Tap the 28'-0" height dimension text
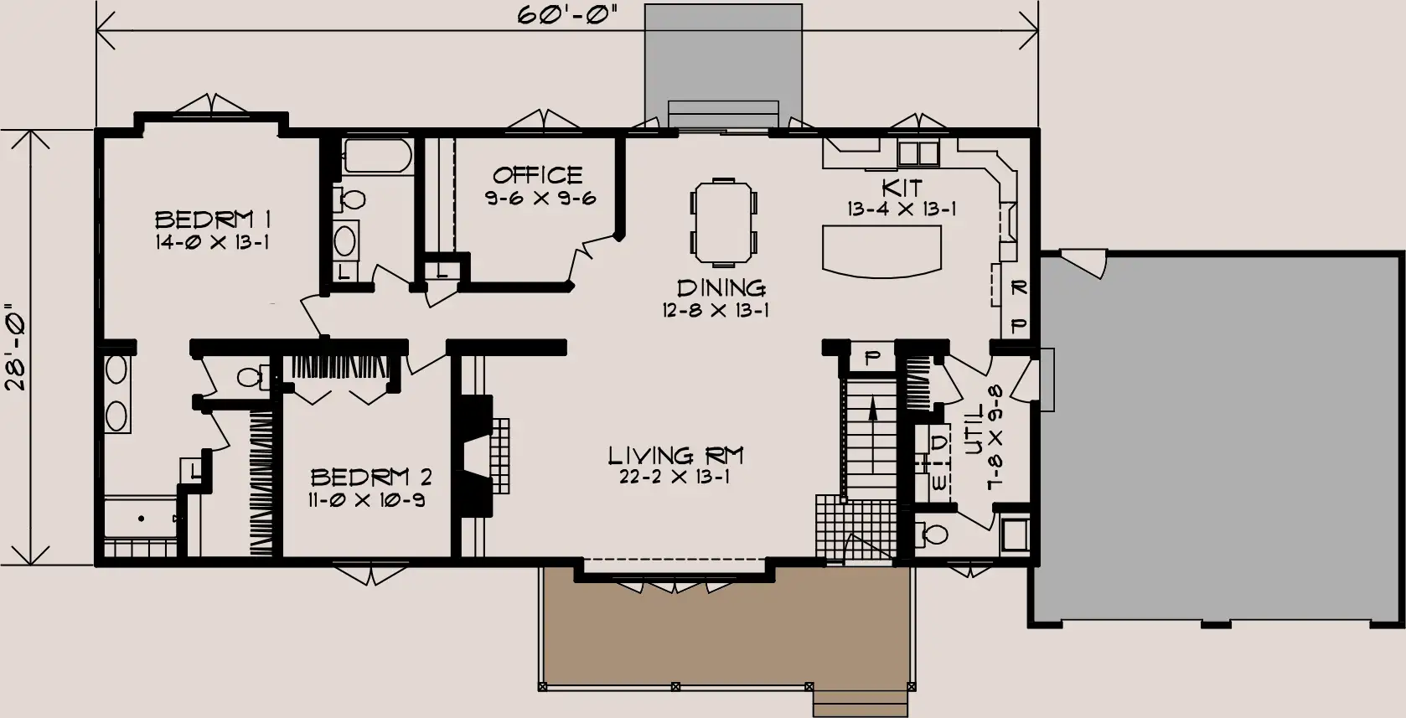pyautogui.click(x=15, y=349)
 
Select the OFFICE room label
pyautogui.click(x=537, y=174)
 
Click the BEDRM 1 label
pyautogui.click(x=213, y=220)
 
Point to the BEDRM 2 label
pyautogui.click(x=371, y=478)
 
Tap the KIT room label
pyautogui.click(x=902, y=188)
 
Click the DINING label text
pyautogui.click(x=721, y=288)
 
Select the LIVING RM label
pyautogui.click(x=675, y=455)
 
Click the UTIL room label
pyautogui.click(x=974, y=429)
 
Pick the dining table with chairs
pyautogui.click(x=723, y=221)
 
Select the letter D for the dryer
pyautogui.click(x=939, y=443)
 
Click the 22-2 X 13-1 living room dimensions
pyautogui.click(x=675, y=478)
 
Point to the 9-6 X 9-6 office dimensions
pyautogui.click(x=540, y=199)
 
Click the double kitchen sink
pyautogui.click(x=918, y=153)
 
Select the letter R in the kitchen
pyautogui.click(x=1019, y=287)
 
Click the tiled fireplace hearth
pyautogui.click(x=500, y=457)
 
